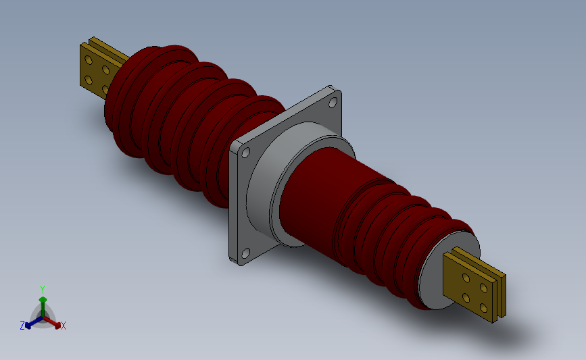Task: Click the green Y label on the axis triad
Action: [43, 289]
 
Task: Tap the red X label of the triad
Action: [64, 326]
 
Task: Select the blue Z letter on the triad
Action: [22, 326]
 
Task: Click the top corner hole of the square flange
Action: [333, 103]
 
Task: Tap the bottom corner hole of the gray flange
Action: [245, 254]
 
